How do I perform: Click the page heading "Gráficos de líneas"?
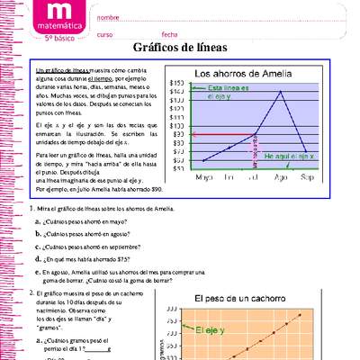coord(180,47)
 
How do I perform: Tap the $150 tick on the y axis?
coord(177,82)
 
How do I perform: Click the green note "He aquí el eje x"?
coord(289,156)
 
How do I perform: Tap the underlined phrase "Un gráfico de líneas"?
coord(61,68)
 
